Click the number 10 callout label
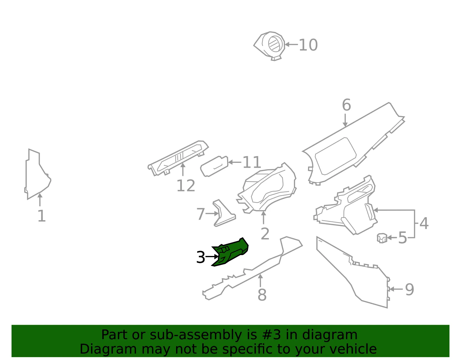coord(308,45)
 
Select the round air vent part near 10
coord(269,46)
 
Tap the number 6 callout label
coord(346,105)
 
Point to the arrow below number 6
coord(345,120)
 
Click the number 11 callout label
coord(252,162)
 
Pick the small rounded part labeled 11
coord(214,167)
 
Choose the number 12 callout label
coord(186,186)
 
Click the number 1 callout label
coord(42,216)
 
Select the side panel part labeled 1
coord(37,174)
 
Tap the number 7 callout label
coord(201,214)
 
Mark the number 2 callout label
coord(265,234)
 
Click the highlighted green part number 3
coord(230,252)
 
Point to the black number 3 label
coord(201,257)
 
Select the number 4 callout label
coord(424,223)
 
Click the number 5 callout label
coord(403,238)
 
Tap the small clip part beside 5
coord(382,238)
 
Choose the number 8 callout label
coord(262,295)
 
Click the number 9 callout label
coord(409,289)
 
